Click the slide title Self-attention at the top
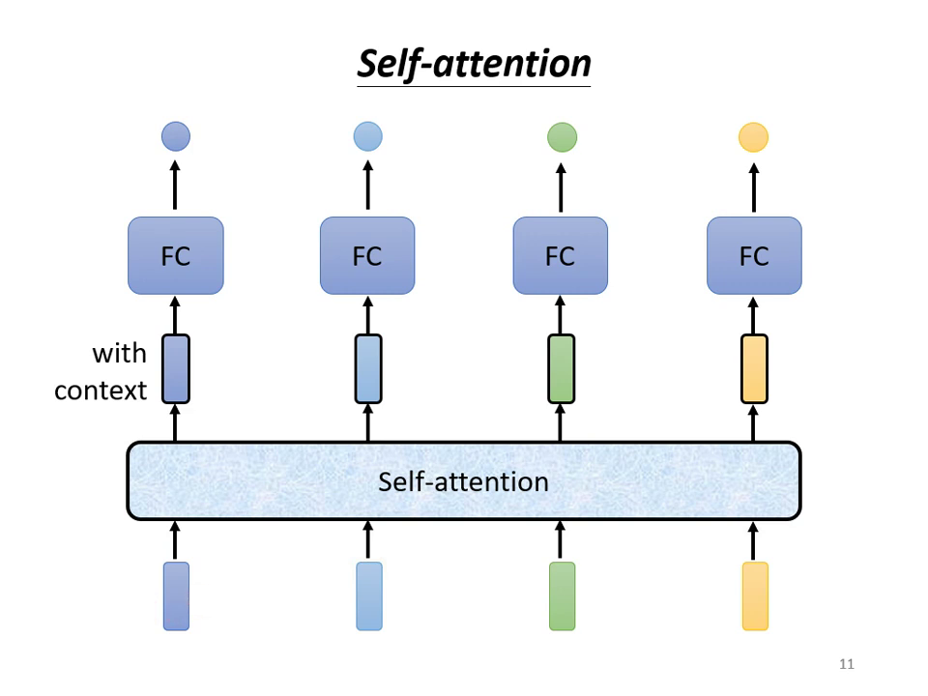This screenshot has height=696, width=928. click(x=474, y=64)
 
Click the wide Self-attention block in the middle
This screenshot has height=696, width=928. click(x=464, y=480)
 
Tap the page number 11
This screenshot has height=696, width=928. click(x=847, y=664)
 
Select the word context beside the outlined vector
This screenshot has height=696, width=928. click(x=101, y=391)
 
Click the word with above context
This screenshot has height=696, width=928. click(x=119, y=354)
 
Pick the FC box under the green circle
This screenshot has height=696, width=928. click(x=560, y=255)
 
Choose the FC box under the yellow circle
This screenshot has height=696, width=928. click(x=754, y=255)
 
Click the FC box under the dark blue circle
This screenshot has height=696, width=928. click(x=175, y=255)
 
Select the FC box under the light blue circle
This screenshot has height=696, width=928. click(x=367, y=255)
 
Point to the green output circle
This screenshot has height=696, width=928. click(x=562, y=137)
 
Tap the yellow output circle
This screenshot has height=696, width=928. click(x=753, y=137)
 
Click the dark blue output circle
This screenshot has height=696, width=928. click(x=175, y=136)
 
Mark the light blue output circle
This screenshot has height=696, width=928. click(x=368, y=136)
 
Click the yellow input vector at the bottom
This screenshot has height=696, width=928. click(x=755, y=596)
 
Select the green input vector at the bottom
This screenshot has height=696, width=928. click(x=562, y=596)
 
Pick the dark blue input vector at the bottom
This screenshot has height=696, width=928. click(x=176, y=596)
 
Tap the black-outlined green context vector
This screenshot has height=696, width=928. click(x=561, y=368)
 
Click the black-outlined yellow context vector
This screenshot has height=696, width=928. click(x=754, y=368)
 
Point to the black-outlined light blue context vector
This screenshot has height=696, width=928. click(x=368, y=368)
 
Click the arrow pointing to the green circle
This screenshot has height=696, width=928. click(x=561, y=186)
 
